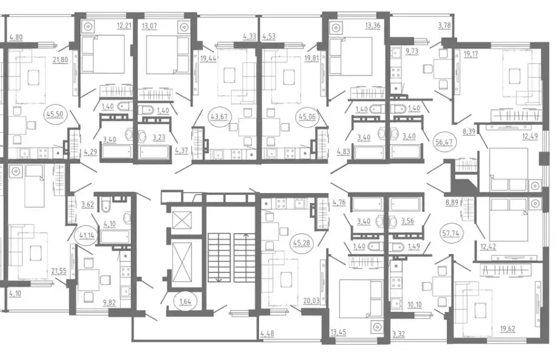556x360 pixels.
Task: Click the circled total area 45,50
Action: click(x=55, y=114)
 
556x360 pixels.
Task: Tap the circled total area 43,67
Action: click(x=219, y=116)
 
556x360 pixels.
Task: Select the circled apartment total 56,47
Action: click(x=443, y=142)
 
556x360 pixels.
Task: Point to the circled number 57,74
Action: click(x=451, y=233)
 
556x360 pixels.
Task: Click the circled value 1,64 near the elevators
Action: click(x=185, y=302)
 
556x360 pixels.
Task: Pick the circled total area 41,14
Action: click(x=87, y=234)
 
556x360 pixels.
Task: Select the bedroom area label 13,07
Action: click(x=149, y=26)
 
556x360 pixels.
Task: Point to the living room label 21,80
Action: click(x=60, y=60)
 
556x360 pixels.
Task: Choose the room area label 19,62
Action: click(x=508, y=329)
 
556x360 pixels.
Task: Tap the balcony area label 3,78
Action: click(x=444, y=26)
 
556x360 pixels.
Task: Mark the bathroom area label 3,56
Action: click(x=408, y=222)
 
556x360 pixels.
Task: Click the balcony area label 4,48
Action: click(x=267, y=333)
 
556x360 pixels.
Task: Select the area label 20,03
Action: click(x=312, y=301)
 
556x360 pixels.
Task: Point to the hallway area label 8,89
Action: click(x=452, y=203)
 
